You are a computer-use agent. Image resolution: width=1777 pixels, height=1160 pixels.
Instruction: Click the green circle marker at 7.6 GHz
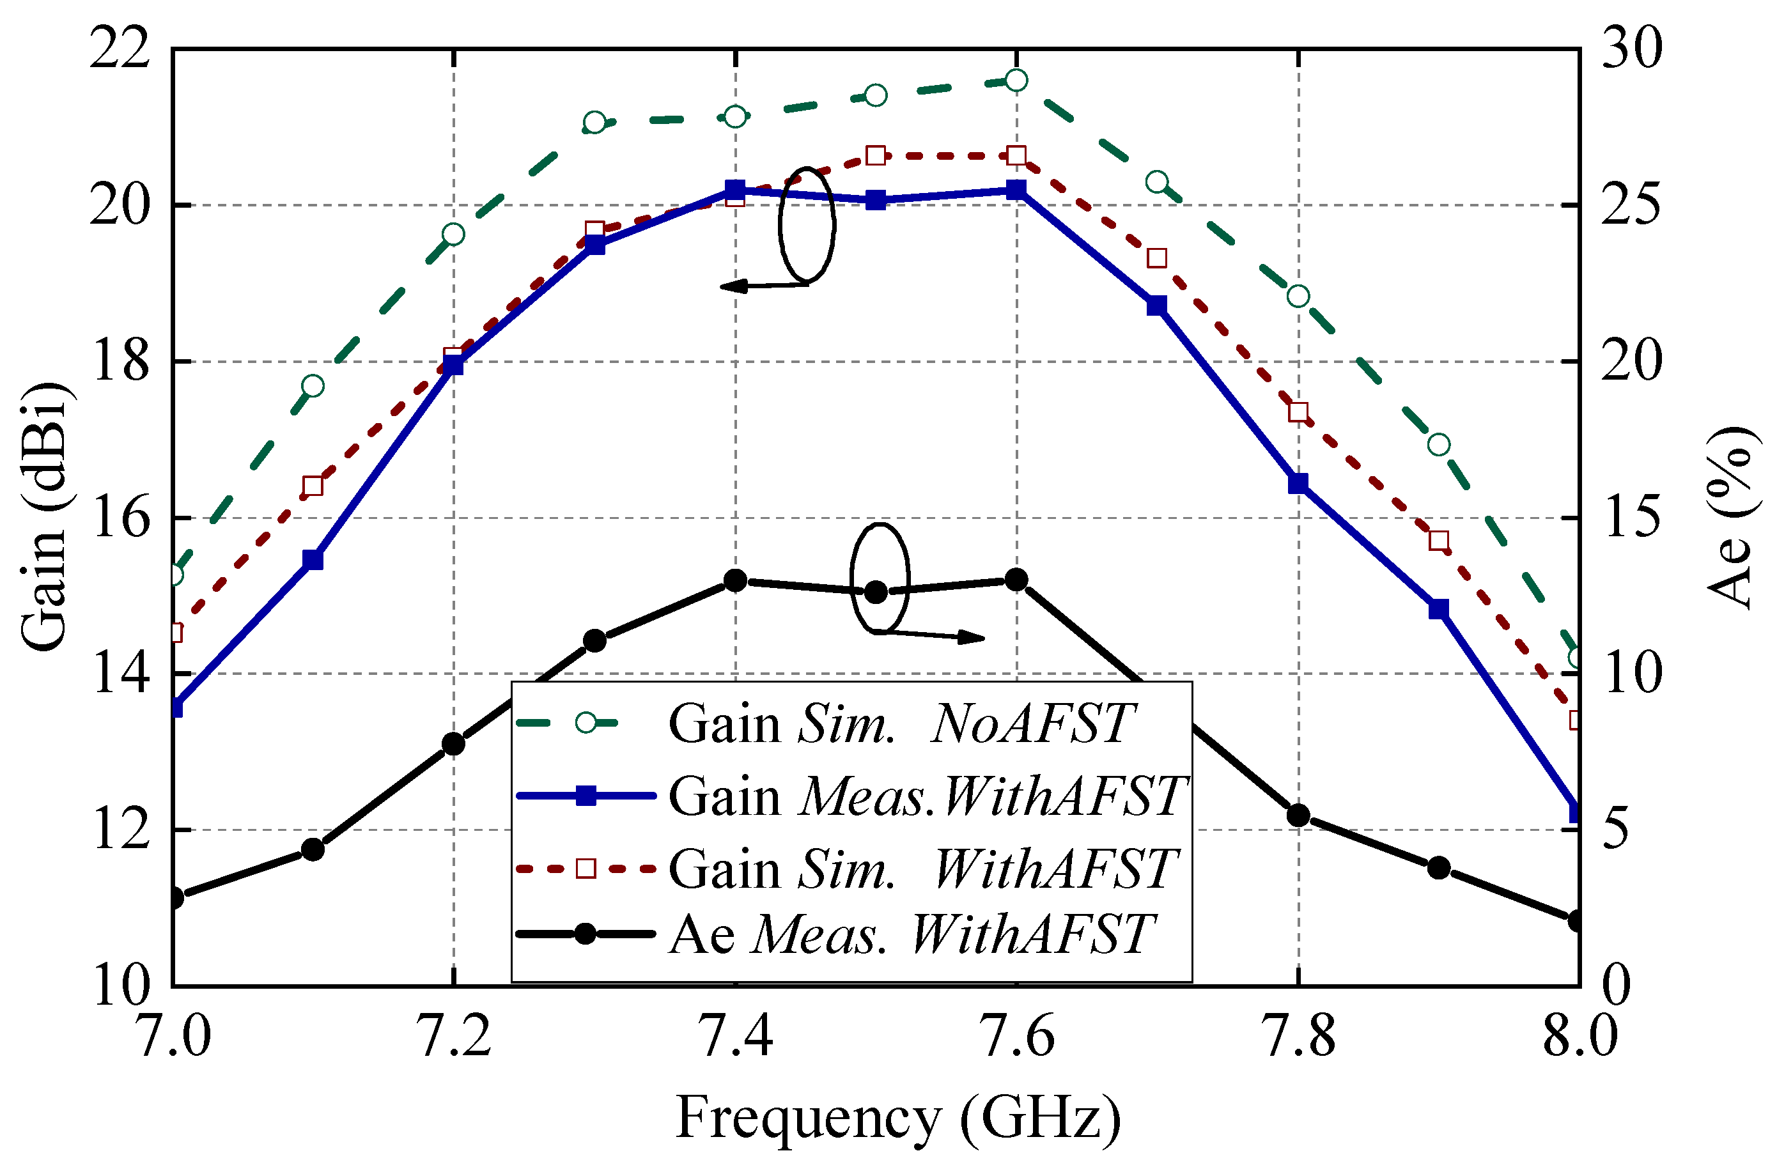tap(1016, 80)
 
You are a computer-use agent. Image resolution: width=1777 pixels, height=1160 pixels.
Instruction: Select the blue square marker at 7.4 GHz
tap(736, 190)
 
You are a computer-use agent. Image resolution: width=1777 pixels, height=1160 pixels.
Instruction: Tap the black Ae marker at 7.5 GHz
tap(876, 592)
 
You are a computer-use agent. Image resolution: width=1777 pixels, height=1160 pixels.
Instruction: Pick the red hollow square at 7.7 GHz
tap(1156, 258)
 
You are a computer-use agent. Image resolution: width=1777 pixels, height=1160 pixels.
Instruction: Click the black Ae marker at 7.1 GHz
tap(313, 849)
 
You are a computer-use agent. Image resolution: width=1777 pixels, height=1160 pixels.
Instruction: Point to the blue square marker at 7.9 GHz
tap(1439, 609)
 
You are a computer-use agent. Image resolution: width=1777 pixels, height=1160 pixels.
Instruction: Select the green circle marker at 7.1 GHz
tap(313, 386)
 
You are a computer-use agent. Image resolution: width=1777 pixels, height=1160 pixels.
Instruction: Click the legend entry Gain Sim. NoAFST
tap(900, 723)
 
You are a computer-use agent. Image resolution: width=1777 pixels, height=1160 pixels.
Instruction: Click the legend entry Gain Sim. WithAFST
tap(922, 868)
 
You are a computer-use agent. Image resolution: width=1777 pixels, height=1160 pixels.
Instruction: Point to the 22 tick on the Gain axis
tap(120, 50)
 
